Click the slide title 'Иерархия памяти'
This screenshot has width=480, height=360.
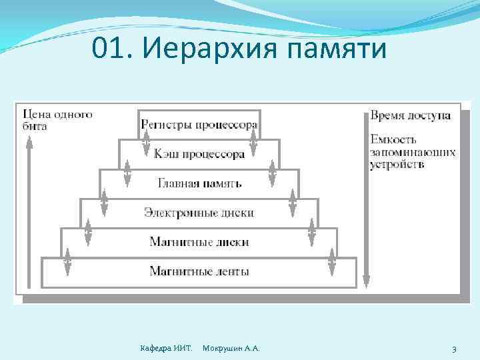[267, 48]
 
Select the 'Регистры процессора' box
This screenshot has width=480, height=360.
[199, 125]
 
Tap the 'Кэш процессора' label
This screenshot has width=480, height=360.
[199, 154]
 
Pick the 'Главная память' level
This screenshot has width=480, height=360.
[199, 183]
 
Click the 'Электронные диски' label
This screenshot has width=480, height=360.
[199, 213]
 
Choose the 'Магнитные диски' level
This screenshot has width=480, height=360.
[199, 242]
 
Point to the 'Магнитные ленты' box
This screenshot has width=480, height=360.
[199, 271]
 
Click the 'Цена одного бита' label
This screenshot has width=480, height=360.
[57, 120]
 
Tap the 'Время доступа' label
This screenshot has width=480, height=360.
[411, 115]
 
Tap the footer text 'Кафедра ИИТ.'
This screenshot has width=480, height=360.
[166, 349]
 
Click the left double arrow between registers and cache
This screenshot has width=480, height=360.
[146, 140]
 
